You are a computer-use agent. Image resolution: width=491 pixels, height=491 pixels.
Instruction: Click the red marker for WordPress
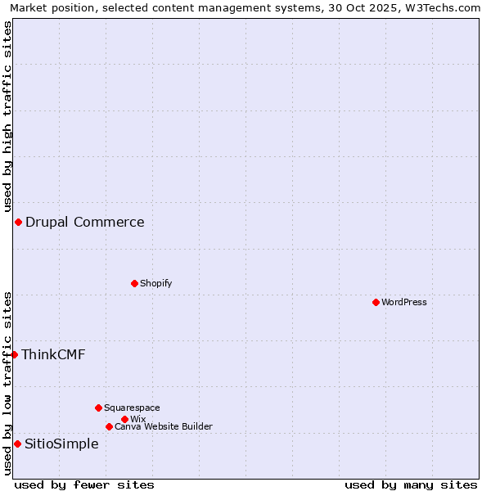(376, 302)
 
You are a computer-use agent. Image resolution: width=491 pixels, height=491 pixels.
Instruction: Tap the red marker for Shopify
(134, 283)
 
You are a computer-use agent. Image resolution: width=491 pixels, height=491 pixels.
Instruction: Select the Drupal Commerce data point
(18, 222)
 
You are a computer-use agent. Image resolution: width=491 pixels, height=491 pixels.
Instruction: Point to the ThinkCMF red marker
(14, 354)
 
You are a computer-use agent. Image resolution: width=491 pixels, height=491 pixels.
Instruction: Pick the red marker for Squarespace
(98, 408)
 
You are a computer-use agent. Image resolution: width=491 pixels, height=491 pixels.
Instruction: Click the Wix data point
(124, 419)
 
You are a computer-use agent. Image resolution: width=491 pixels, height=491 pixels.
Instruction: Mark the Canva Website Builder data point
(109, 426)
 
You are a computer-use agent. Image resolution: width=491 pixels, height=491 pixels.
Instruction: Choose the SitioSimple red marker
(17, 444)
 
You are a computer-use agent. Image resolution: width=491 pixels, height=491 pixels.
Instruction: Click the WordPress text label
(404, 302)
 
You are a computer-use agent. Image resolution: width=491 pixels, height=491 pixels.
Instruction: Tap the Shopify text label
(155, 283)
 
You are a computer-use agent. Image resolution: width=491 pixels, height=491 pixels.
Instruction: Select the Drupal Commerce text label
(85, 222)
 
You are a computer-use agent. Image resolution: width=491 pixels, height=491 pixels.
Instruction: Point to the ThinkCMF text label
(53, 354)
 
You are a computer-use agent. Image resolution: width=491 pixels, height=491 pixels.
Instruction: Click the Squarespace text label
(132, 408)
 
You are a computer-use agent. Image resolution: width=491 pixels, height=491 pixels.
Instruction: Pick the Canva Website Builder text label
(164, 426)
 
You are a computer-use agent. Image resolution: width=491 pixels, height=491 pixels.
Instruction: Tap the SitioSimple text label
(61, 444)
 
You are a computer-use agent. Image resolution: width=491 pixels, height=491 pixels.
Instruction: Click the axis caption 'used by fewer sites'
(84, 484)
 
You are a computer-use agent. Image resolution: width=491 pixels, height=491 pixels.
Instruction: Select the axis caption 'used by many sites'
(411, 484)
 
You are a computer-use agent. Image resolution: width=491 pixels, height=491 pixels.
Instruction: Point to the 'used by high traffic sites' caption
(7, 116)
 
